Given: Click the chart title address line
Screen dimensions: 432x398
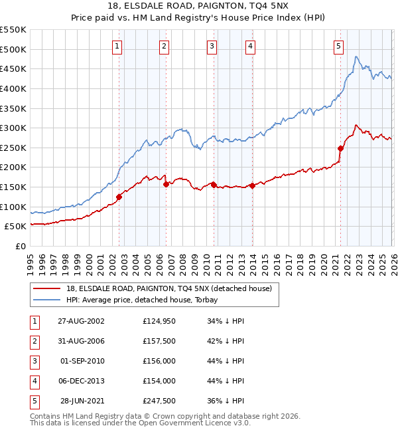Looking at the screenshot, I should tap(199, 6).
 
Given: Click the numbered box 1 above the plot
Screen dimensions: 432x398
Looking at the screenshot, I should tap(117, 46).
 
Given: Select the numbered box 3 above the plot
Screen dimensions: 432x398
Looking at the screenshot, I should tap(211, 46).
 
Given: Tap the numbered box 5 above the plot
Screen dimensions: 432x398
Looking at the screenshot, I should tap(338, 46).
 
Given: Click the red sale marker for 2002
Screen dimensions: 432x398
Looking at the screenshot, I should tap(119, 197).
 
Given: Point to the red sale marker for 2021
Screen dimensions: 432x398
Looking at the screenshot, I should tap(340, 148).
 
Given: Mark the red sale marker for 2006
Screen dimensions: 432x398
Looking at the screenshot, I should tap(166, 184).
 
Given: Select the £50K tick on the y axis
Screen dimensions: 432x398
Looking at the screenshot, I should tap(16, 227).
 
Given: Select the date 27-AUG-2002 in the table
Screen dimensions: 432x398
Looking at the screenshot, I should tap(81, 321).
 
